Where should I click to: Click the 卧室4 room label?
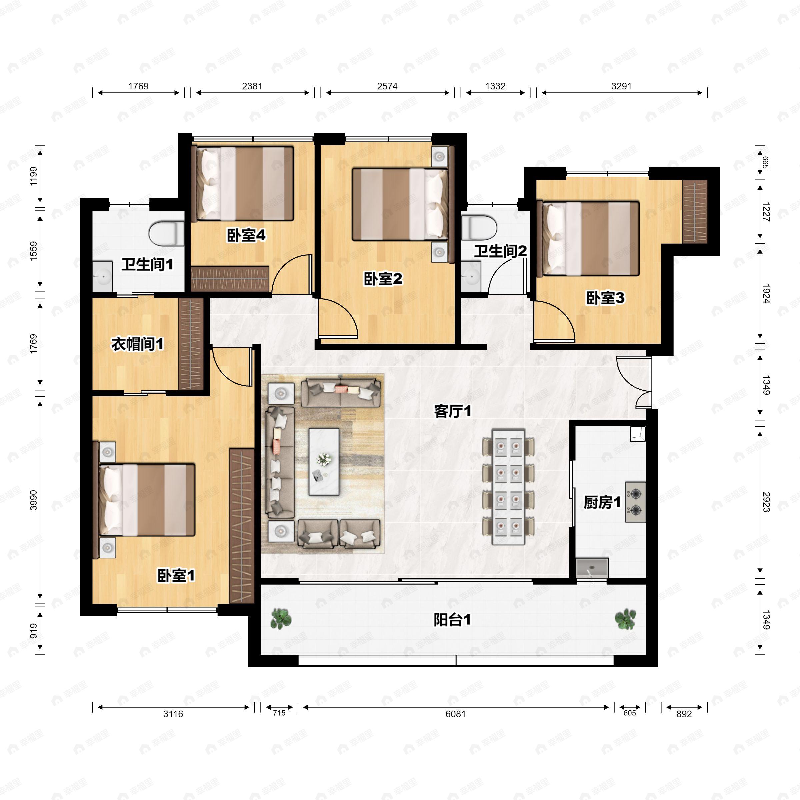pyautogui.click(x=246, y=236)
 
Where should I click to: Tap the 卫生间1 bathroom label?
pyautogui.click(x=147, y=265)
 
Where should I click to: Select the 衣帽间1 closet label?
pyautogui.click(x=137, y=344)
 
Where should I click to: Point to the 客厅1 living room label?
pyautogui.click(x=453, y=412)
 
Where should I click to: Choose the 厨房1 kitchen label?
pyautogui.click(x=602, y=503)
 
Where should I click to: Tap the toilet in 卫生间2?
pyautogui.click(x=479, y=227)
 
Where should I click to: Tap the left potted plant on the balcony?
pyautogui.click(x=281, y=619)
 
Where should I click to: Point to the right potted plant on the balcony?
pyautogui.click(x=625, y=619)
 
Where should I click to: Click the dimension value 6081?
pyautogui.click(x=455, y=714)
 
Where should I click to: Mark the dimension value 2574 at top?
pyautogui.click(x=387, y=86)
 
